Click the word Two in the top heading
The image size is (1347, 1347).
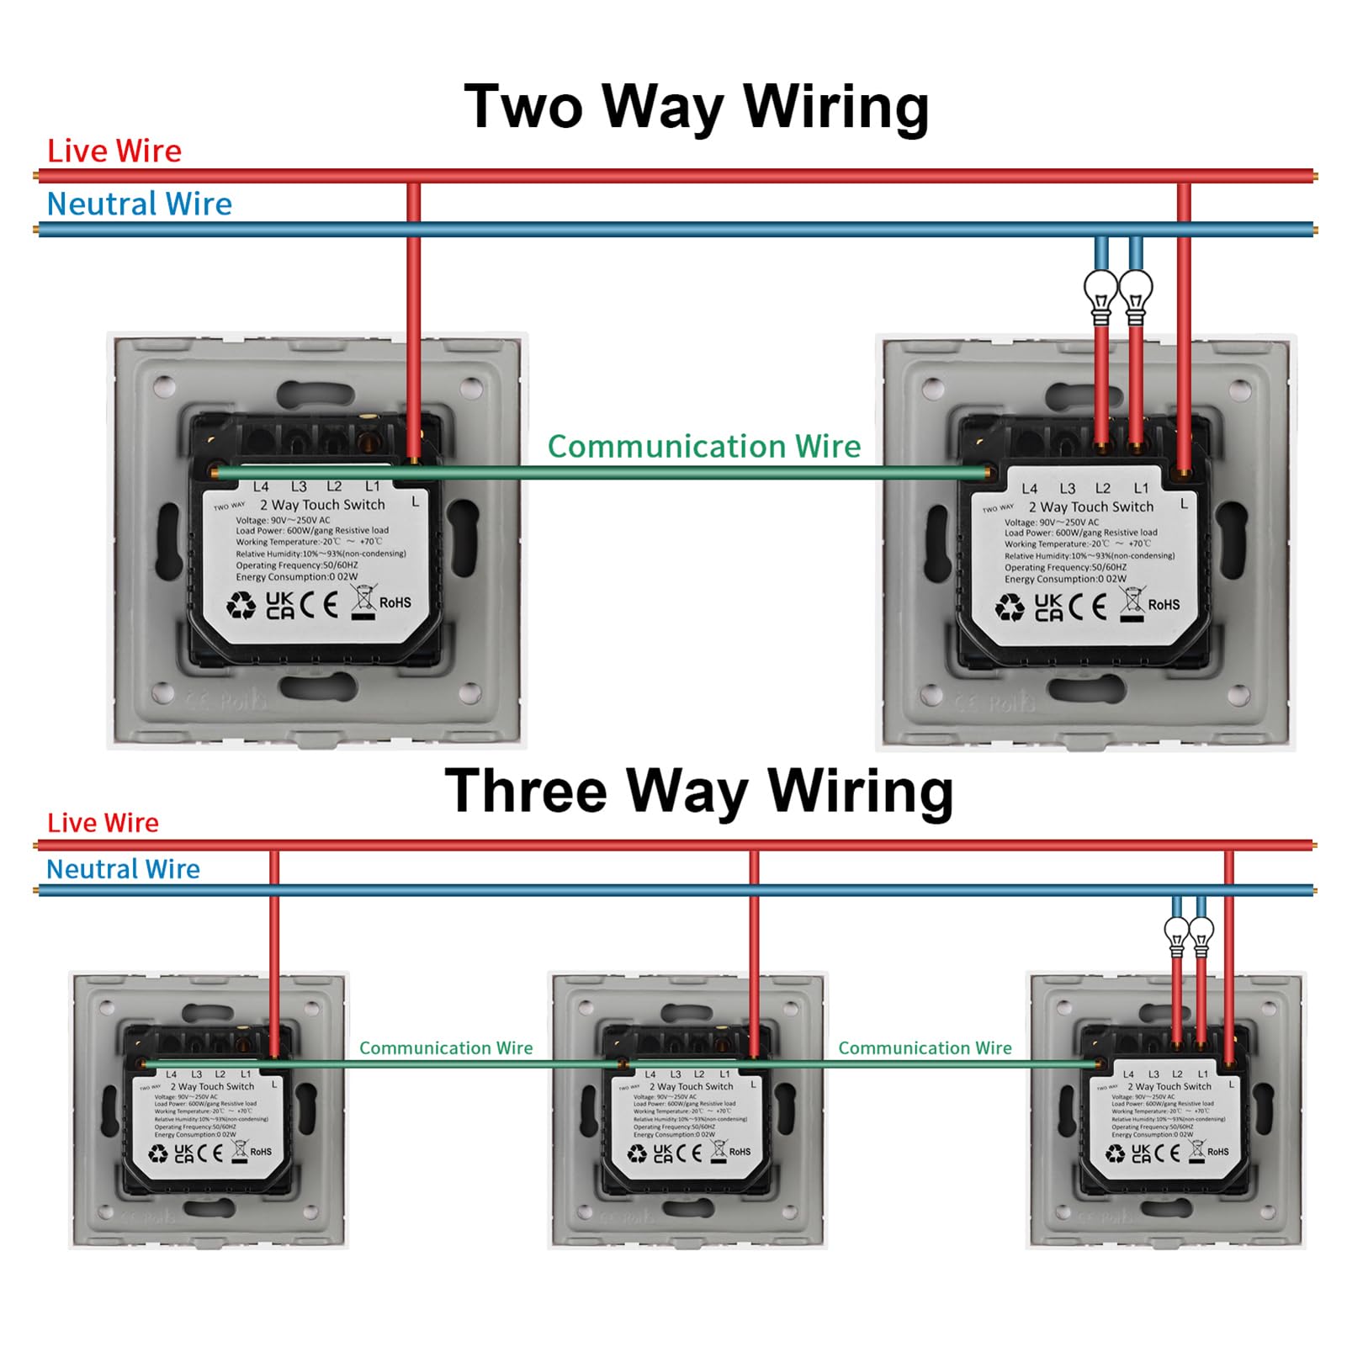point(523,107)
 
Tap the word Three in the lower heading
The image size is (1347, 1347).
point(526,791)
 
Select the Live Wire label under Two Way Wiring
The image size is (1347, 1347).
point(114,151)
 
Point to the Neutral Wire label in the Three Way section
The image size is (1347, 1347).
point(123,869)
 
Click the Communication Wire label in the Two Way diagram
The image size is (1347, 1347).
point(704,447)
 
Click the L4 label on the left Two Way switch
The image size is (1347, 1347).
point(261,486)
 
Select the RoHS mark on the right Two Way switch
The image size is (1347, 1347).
point(1164,605)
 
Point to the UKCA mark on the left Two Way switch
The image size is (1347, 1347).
point(280,605)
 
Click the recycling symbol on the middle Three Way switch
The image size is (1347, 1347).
point(637,1153)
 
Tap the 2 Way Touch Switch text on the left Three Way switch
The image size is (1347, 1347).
point(212,1086)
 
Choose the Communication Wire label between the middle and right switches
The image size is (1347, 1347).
point(925,1048)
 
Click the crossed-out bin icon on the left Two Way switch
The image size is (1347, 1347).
point(363,602)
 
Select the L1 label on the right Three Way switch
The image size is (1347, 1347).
point(1202,1074)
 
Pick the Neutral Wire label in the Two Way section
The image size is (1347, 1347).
point(139,204)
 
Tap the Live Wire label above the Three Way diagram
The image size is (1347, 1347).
point(103,823)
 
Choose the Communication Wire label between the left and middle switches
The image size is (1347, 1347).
point(446,1048)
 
